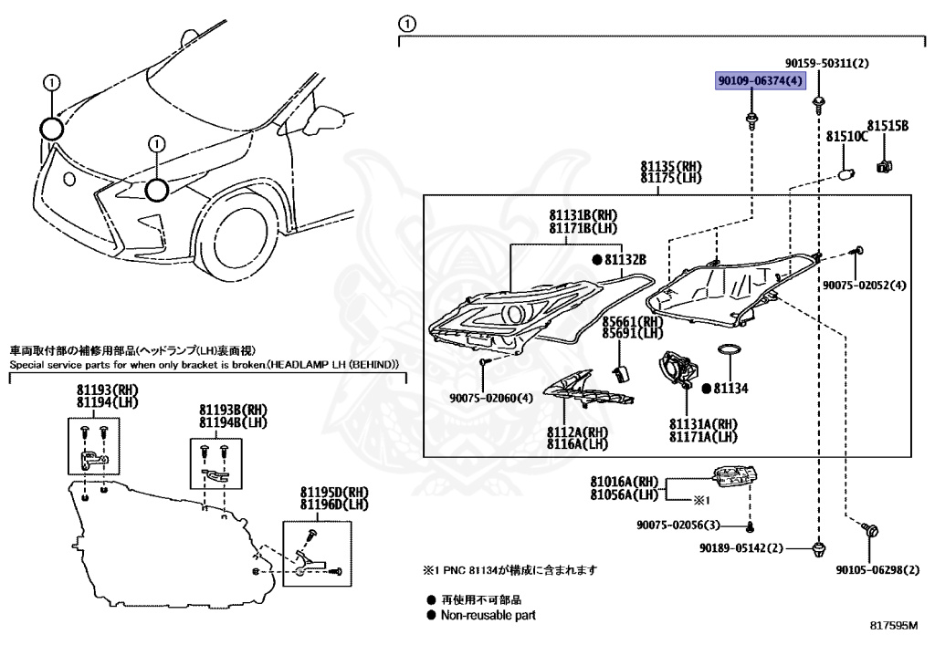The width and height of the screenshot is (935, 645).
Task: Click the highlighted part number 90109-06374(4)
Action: click(x=760, y=82)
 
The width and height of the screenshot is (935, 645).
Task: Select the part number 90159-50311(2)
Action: click(x=826, y=64)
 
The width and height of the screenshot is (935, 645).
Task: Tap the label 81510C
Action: click(x=846, y=136)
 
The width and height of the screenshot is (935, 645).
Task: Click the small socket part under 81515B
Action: click(x=883, y=167)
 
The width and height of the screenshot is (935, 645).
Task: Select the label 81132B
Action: click(x=625, y=260)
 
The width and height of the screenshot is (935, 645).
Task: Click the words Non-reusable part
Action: click(x=488, y=615)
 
